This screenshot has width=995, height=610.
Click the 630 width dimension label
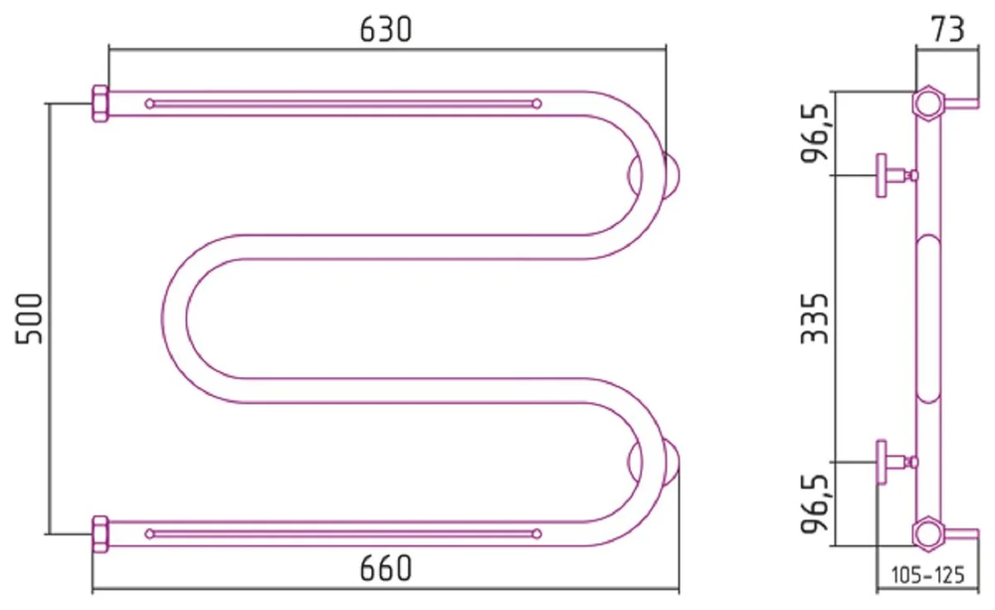click(386, 30)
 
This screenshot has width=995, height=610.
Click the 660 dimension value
click(386, 568)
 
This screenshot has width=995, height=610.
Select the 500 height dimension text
click(29, 318)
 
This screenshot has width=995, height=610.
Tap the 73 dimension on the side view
click(947, 29)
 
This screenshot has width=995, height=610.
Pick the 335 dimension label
click(815, 318)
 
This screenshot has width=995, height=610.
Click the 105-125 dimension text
click(927, 575)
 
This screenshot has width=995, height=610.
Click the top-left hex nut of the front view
click(100, 103)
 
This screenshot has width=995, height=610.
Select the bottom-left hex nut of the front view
click(100, 534)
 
